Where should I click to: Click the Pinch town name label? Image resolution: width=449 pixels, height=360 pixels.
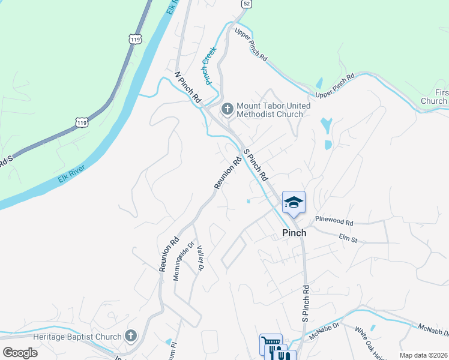[x=294, y=233]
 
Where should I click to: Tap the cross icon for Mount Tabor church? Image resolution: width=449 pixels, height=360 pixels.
[x=227, y=109]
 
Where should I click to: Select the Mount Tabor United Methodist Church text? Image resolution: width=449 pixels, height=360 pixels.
[x=273, y=110]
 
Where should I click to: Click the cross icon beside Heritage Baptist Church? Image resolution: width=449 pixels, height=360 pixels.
[x=131, y=336]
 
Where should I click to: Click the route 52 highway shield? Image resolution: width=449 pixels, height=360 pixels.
[x=246, y=4]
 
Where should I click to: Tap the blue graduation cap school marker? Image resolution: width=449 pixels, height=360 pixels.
[x=294, y=202]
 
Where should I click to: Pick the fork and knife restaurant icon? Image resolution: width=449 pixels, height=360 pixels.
[x=282, y=354]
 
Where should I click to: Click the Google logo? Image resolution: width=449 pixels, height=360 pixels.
[x=20, y=353]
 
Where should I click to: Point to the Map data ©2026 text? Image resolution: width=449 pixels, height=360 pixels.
[x=423, y=355]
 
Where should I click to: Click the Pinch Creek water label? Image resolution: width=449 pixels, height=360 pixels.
[x=209, y=67]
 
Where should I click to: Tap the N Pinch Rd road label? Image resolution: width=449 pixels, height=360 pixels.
[x=187, y=89]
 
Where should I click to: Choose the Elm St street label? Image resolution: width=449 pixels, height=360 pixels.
[x=348, y=239]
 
